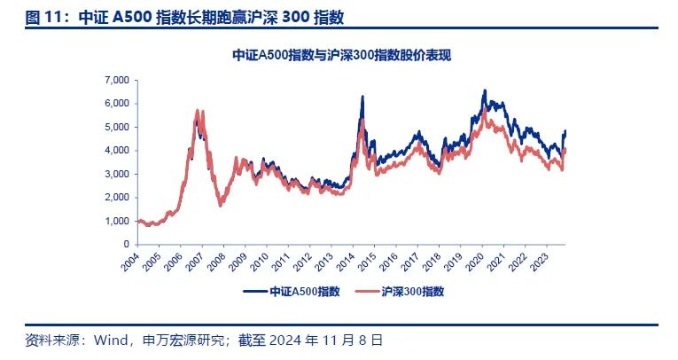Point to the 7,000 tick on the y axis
click(117, 80)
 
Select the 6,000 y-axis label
click(117, 103)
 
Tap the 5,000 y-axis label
click(117, 127)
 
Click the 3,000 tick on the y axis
click(117, 174)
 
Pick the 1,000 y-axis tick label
click(117, 221)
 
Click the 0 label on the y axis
click(127, 244)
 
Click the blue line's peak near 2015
click(362, 96)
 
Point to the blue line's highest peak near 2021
click(484, 90)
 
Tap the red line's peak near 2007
click(197, 111)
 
